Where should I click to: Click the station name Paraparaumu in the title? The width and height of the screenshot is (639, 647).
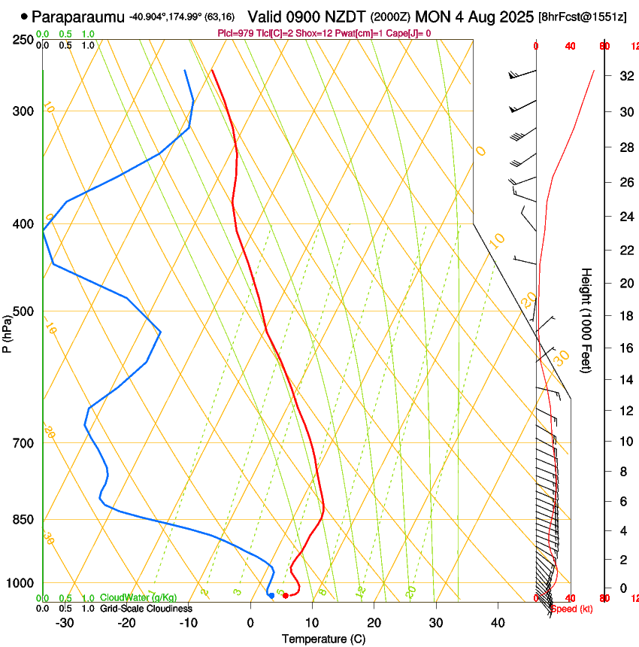coord(78,16)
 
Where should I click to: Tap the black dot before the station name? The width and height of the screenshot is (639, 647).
coord(25,16)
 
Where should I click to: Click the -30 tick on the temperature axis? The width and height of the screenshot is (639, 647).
coord(65,623)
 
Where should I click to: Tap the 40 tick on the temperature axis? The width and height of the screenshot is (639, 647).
coord(498,623)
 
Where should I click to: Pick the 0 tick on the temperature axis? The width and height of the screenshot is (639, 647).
coord(250,623)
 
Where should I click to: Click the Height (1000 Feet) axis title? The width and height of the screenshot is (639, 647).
coord(586,320)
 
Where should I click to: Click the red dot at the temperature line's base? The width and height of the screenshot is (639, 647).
coord(285,596)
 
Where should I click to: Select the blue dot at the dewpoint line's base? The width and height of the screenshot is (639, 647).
coord(271,596)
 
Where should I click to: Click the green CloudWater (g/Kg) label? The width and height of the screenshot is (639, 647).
coord(138,597)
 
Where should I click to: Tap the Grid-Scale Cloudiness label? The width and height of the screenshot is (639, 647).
coord(146,608)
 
